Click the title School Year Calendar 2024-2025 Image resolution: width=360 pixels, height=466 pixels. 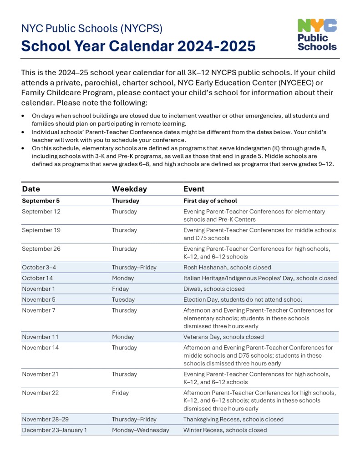pyautogui.click(x=138, y=46)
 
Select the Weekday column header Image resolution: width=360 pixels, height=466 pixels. pyautogui.click(x=129, y=189)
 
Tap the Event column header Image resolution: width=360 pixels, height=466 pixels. pyautogui.click(x=194, y=189)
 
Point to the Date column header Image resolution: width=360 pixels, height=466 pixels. pyautogui.click(x=31, y=189)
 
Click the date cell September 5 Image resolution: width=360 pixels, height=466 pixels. pyautogui.click(x=41, y=201)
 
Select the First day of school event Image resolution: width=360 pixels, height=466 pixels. pyautogui.click(x=210, y=201)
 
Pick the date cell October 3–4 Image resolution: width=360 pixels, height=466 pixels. pyautogui.click(x=38, y=268)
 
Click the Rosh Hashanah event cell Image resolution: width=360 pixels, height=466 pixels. pyautogui.click(x=227, y=268)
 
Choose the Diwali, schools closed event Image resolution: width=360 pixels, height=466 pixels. pyautogui.click(x=214, y=289)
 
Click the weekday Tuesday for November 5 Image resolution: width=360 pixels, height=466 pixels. pyautogui.click(x=123, y=299)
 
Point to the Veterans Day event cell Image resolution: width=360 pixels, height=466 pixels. pyautogui.click(x=223, y=337)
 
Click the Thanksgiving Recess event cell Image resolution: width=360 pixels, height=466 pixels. pyautogui.click(x=233, y=419)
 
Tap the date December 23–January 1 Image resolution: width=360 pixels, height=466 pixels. pyautogui.click(x=54, y=430)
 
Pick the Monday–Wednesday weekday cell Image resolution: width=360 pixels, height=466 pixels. pyautogui.click(x=140, y=430)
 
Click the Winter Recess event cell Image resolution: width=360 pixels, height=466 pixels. pyautogui.click(x=225, y=430)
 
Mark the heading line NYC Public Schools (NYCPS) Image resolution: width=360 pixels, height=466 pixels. pyautogui.click(x=92, y=28)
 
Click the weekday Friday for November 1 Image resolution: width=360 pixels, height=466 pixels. pyautogui.click(x=121, y=289)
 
